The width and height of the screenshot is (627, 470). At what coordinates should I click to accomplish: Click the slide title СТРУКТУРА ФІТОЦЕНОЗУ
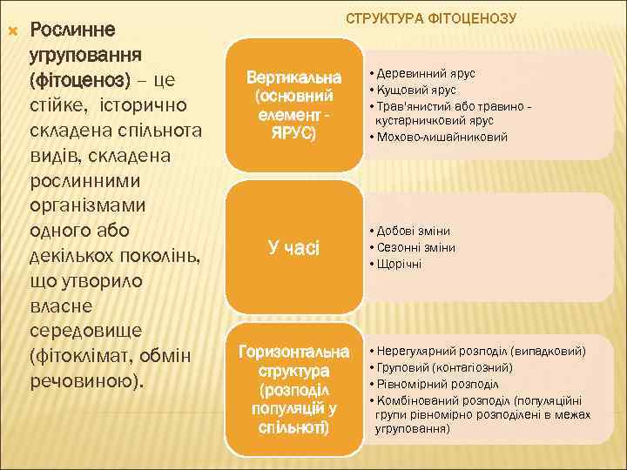tap(432, 18)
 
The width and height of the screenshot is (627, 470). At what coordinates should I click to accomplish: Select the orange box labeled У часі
tap(293, 248)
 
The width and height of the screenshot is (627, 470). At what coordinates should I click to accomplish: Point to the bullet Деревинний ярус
tap(422, 75)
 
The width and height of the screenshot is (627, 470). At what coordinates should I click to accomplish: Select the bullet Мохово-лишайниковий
tap(438, 136)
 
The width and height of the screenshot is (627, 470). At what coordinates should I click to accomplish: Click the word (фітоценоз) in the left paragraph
tap(79, 80)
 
